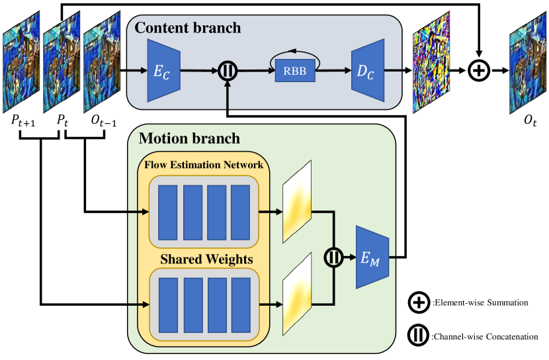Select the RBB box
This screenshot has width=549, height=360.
click(x=295, y=71)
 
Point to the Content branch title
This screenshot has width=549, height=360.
click(x=189, y=28)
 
